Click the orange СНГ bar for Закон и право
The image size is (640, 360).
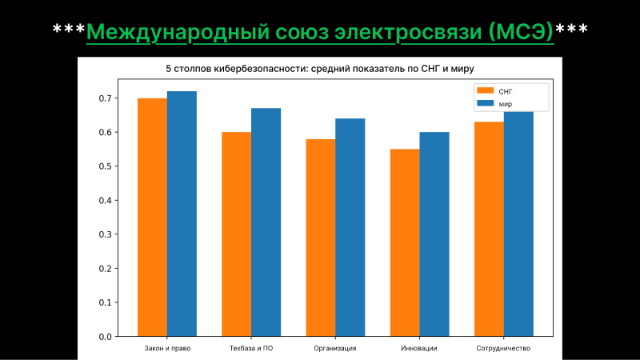click(152, 217)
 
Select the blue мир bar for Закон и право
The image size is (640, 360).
click(182, 214)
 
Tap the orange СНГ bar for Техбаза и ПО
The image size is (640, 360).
click(236, 234)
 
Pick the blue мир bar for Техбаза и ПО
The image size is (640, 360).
click(266, 222)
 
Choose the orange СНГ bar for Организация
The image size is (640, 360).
click(320, 238)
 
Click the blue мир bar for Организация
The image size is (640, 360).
click(350, 227)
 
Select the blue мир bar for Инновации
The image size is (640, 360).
click(434, 234)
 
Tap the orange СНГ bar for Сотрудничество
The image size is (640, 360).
click(489, 229)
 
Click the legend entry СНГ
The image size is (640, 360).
click(504, 91)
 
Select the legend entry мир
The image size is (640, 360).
click(504, 103)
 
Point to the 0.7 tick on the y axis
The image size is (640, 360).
click(105, 98)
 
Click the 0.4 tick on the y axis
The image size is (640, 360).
click(105, 200)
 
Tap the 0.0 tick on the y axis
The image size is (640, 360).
click(105, 336)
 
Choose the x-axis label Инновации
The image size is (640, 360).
click(419, 349)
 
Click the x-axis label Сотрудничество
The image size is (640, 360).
click(503, 349)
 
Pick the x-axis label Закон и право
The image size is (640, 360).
click(167, 349)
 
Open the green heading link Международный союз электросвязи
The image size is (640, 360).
click(320, 32)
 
